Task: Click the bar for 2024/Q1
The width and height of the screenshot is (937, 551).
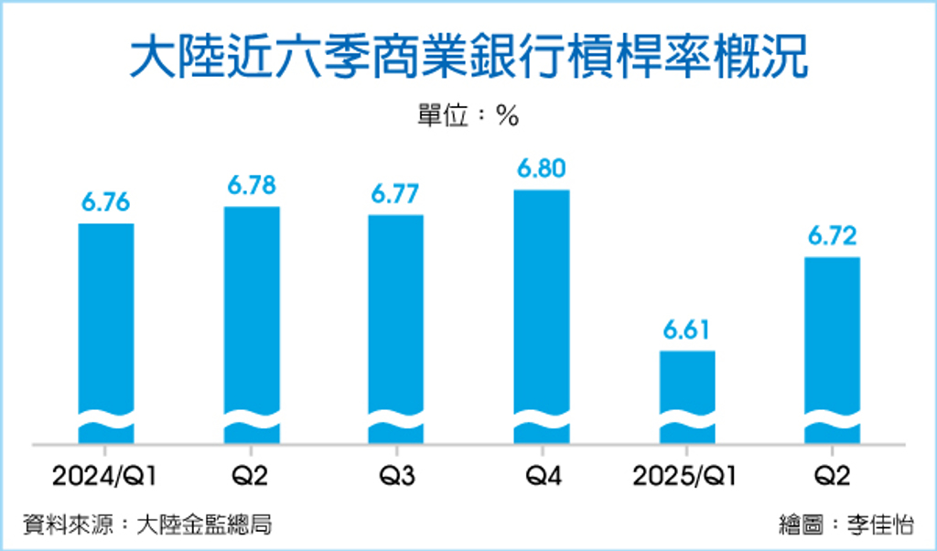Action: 106,320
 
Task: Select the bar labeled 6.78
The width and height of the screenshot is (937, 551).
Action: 252,311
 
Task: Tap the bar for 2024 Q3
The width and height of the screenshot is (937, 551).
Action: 396,316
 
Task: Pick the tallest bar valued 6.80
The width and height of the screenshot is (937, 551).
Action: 542,302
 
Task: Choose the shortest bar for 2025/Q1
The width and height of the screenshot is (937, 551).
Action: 687,384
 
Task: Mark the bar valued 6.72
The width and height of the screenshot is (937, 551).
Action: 832,339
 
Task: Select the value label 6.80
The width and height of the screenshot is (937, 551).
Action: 542,169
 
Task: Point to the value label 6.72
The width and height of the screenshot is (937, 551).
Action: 832,237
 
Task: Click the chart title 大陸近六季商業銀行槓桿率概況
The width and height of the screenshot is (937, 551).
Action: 468,57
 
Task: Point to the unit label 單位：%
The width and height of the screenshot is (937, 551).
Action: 468,116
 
